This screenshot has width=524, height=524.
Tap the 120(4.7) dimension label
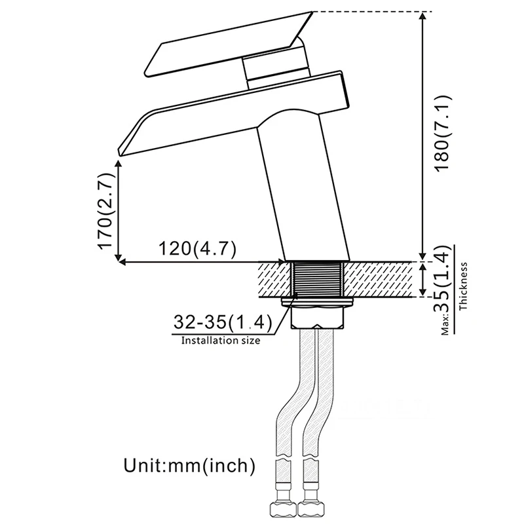(197, 249)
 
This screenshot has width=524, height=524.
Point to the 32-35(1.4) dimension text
(221, 322)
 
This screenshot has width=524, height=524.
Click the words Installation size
(220, 340)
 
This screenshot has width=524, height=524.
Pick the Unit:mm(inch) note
(189, 466)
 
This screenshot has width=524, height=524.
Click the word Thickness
(464, 286)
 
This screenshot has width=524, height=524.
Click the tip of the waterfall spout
(122, 151)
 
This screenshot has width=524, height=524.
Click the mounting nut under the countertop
(318, 303)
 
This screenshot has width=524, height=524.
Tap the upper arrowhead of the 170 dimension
(119, 165)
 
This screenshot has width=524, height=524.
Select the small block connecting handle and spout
(276, 67)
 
